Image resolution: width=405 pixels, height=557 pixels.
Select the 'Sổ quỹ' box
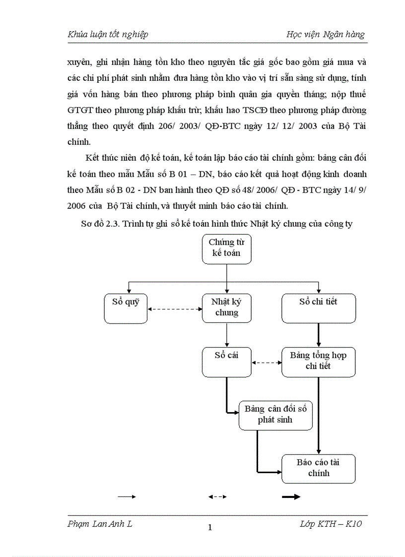(x=126, y=308)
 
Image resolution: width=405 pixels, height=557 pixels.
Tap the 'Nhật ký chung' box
(x=227, y=308)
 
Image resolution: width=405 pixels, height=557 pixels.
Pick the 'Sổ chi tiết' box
(x=319, y=308)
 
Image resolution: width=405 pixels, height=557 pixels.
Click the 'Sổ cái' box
(x=227, y=361)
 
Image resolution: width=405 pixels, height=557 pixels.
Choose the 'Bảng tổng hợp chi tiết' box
(x=319, y=361)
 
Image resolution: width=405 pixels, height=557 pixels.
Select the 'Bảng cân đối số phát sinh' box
(x=275, y=415)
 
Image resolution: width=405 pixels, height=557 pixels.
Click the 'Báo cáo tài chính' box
(x=319, y=468)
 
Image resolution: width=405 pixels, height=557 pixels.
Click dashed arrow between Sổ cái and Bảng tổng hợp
(x=267, y=363)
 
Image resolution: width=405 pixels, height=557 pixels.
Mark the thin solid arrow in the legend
(x=126, y=496)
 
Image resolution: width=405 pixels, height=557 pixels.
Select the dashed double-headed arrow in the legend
(x=217, y=496)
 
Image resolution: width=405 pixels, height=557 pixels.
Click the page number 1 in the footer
(x=210, y=528)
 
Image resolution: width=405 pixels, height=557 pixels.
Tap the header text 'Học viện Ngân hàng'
(x=326, y=34)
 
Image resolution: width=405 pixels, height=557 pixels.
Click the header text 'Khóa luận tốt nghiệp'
(x=108, y=34)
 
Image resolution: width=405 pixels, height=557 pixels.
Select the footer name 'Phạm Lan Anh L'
(x=100, y=524)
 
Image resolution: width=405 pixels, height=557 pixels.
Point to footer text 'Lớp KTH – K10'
(x=331, y=524)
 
